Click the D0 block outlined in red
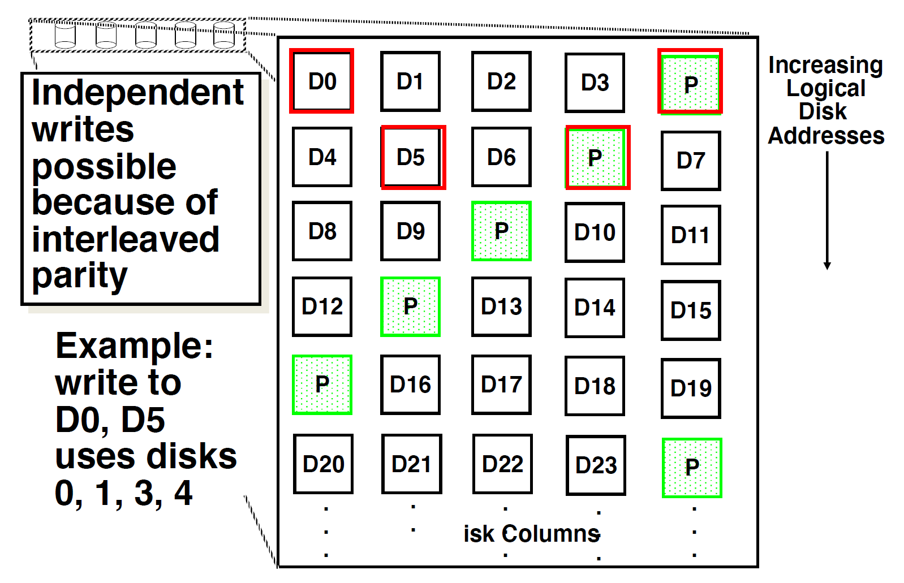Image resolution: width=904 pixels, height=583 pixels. [x=322, y=81]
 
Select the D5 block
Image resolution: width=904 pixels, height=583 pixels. [x=412, y=157]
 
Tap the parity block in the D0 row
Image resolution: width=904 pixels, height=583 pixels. [x=690, y=82]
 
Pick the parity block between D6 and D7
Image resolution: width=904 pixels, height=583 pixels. [x=597, y=158]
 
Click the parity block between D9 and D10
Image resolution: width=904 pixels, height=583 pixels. [x=501, y=231]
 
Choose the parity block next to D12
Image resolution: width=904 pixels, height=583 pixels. [x=410, y=306]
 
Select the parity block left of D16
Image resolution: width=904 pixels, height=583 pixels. [x=322, y=385]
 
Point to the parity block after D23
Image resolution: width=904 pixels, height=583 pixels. [x=692, y=468]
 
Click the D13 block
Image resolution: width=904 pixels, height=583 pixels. [x=501, y=306]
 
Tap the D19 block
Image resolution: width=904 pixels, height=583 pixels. [x=691, y=388]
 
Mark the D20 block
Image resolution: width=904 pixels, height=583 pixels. [x=323, y=464]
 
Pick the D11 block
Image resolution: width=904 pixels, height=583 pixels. [x=691, y=235]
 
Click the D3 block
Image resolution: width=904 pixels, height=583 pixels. [x=595, y=83]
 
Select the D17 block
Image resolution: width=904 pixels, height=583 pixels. [x=501, y=385]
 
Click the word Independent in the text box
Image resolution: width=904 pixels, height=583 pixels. [x=137, y=93]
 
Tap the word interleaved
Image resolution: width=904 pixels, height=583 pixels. [x=125, y=239]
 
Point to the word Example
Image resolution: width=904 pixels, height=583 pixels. [x=134, y=346]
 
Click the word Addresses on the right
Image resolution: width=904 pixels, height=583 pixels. [x=825, y=136]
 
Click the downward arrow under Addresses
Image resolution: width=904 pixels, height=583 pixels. [x=827, y=209]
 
